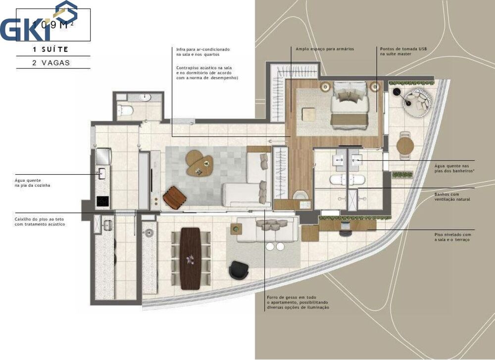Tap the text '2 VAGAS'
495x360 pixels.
pyautogui.click(x=49, y=63)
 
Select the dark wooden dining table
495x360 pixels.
pyautogui.click(x=191, y=258)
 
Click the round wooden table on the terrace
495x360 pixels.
pyautogui.click(x=405, y=146)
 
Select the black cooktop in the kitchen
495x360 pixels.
pyautogui.click(x=102, y=201)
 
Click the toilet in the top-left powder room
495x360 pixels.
pyautogui.click(x=125, y=110)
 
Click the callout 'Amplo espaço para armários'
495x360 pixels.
pyautogui.click(x=324, y=49)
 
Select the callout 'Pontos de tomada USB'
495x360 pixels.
pyautogui.click(x=401, y=51)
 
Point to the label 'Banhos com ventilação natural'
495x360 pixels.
pyautogui.click(x=452, y=197)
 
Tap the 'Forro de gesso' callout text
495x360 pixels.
pyautogui.click(x=297, y=302)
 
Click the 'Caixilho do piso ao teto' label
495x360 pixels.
pyautogui.click(x=40, y=221)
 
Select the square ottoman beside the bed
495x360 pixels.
pyautogui.click(x=309, y=114)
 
